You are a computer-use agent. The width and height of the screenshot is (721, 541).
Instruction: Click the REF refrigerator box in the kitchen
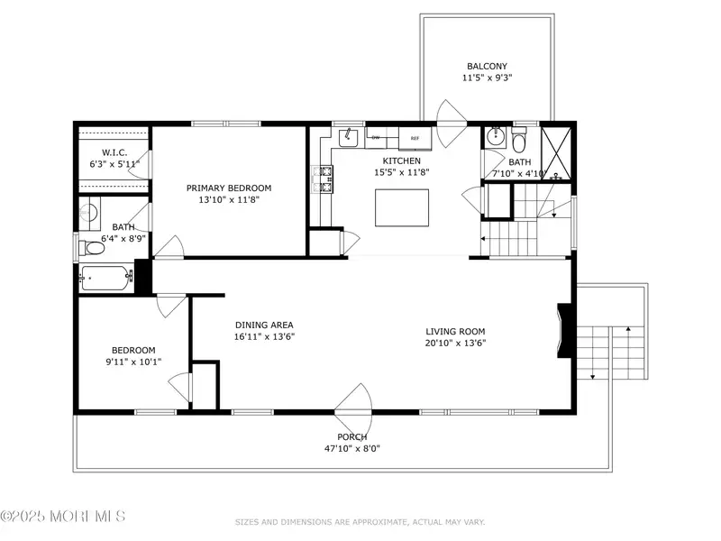tap(415, 139)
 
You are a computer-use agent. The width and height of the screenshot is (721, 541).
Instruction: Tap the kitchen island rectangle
tap(402, 207)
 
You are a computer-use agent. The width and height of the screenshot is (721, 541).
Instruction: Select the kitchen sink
tap(349, 137)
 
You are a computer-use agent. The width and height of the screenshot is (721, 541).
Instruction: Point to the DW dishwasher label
tap(376, 138)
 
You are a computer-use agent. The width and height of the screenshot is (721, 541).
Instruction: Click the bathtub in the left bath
tap(106, 278)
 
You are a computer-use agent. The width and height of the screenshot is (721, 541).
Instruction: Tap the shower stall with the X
tap(556, 153)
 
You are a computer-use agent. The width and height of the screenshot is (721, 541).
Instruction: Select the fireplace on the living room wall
tap(566, 330)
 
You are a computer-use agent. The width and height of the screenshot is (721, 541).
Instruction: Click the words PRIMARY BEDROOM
tap(229, 188)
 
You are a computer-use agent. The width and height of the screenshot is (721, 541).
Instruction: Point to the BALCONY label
tap(487, 66)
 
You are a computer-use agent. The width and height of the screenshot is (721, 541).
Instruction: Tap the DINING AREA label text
tap(264, 325)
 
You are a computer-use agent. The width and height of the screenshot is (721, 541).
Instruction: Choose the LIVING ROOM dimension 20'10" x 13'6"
tap(455, 343)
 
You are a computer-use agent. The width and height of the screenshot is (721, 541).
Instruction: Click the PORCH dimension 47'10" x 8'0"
tap(352, 448)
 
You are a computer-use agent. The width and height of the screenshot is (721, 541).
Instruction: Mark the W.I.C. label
tap(114, 152)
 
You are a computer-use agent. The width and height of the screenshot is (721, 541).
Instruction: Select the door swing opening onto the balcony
tap(452, 124)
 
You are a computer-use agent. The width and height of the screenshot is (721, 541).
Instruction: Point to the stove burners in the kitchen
tap(323, 179)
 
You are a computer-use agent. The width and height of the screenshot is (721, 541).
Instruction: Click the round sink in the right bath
tap(496, 136)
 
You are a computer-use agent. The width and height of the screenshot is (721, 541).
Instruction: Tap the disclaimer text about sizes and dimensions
tap(360, 522)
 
